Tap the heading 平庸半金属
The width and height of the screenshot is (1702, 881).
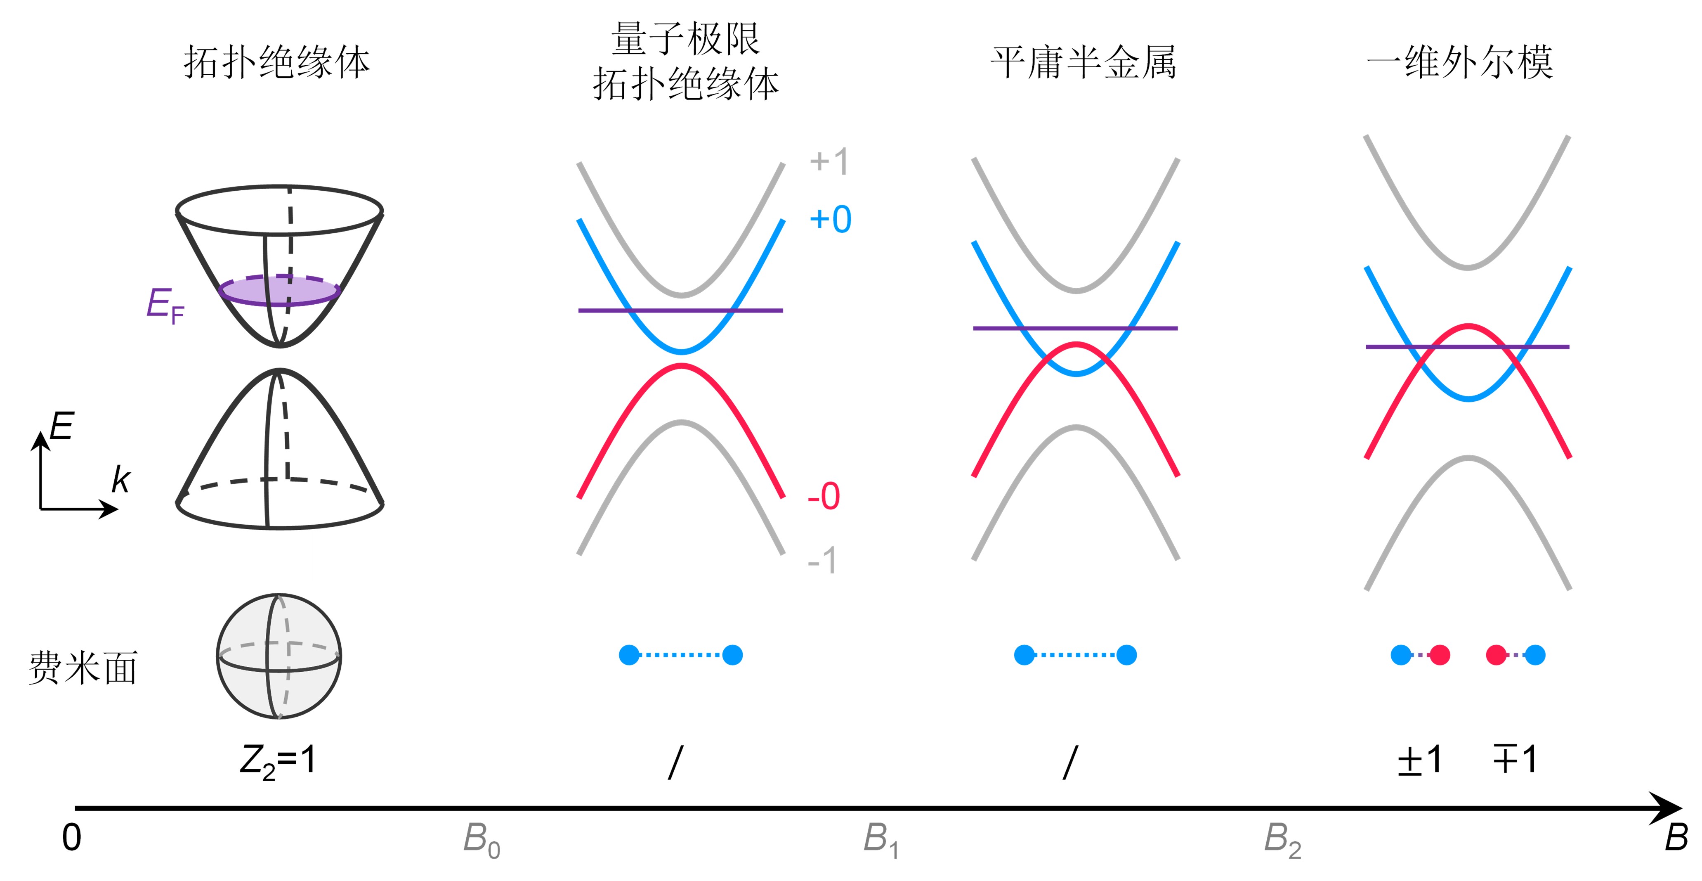point(1084,63)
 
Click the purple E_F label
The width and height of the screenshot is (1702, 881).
point(165,306)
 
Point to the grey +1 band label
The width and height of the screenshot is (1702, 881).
point(829,161)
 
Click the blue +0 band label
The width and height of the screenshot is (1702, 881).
point(831,219)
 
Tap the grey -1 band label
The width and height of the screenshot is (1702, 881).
point(823,561)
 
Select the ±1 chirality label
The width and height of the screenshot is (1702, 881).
point(1419,760)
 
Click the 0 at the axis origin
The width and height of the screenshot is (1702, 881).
point(71,838)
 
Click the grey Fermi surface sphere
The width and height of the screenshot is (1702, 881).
point(279,656)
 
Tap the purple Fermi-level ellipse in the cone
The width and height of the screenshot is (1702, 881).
point(279,291)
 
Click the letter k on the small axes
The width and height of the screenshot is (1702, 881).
point(121,480)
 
